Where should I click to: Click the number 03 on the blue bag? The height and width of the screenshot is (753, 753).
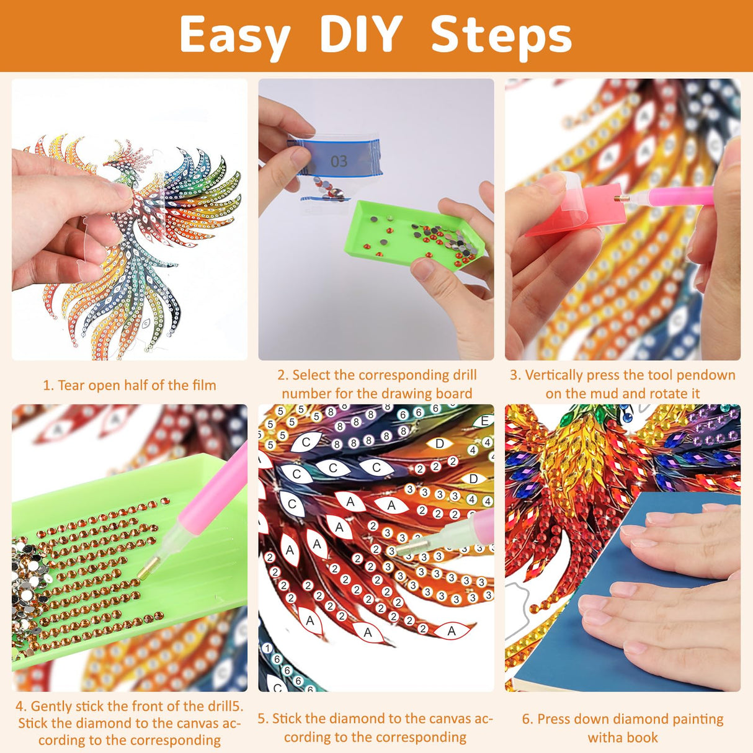point(339,161)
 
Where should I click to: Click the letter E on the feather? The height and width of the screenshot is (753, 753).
point(485,421)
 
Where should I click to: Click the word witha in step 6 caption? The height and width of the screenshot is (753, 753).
point(605,737)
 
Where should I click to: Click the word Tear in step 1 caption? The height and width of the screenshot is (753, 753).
point(72,385)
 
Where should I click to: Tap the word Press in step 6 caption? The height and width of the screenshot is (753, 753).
point(553,719)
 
